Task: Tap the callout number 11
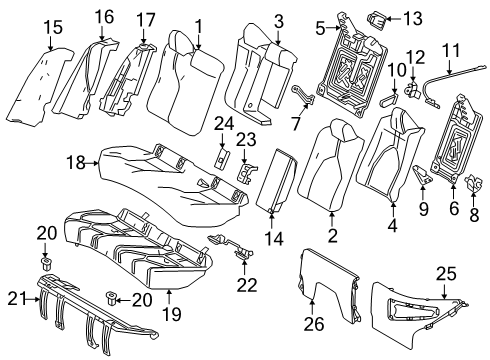pos(451,48)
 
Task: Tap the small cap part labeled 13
pos(382,15)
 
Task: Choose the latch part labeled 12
pos(413,92)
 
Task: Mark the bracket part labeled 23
pos(246,173)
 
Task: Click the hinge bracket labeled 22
pos(235,247)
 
